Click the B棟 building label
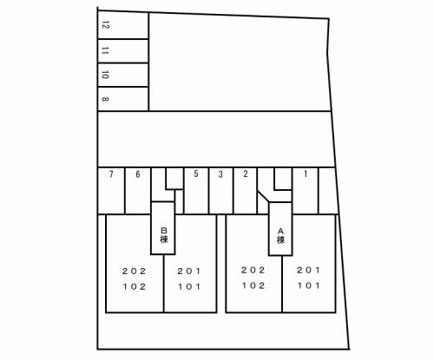coord(164,235)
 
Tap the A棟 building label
coord(280,236)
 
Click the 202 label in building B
coord(135,272)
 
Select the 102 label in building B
coord(135,287)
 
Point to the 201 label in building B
coord(189,272)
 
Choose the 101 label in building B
coord(189,287)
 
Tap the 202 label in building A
coord(253,270)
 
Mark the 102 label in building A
coord(253,285)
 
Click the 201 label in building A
coord(309,270)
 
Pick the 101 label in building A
coord(309,285)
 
